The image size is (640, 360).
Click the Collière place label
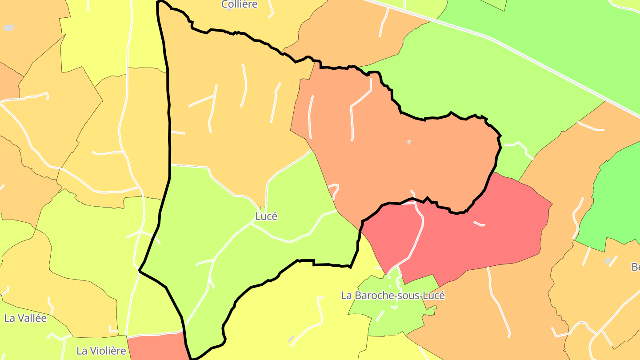[x=240, y=4]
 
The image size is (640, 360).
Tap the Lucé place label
[x=266, y=216]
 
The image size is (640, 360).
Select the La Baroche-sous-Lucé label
[x=392, y=296]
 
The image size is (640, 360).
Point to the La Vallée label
[x=25, y=318]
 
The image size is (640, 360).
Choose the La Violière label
[x=101, y=351]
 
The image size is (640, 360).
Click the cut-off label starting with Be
[x=635, y=267]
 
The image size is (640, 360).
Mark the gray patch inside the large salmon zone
[x=409, y=142]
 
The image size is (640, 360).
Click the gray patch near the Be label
[x=608, y=260]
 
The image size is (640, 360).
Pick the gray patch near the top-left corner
[x=8, y=28]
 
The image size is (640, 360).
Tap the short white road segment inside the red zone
[x=479, y=224]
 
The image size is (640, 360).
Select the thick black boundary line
[x=169, y=133]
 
